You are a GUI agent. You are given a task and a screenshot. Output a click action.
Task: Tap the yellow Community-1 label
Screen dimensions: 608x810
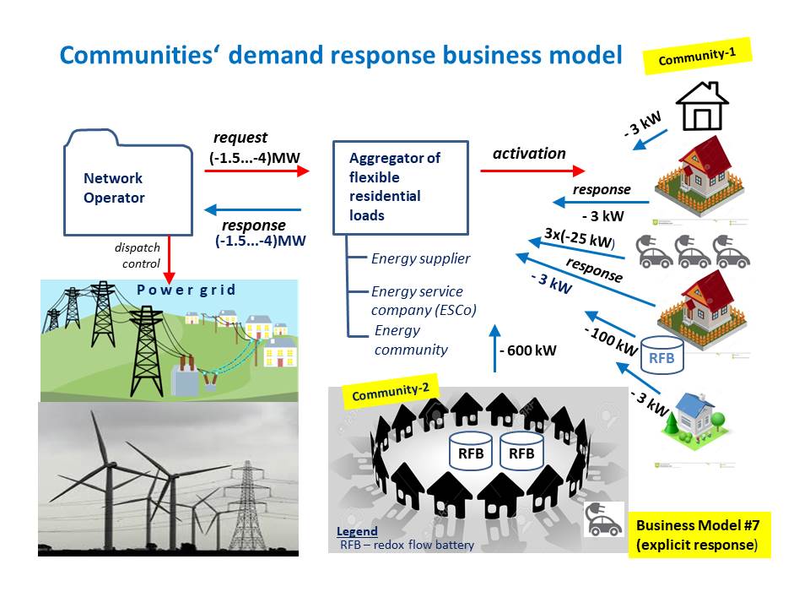click(697, 58)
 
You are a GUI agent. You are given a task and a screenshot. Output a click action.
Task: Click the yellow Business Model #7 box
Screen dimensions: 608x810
click(697, 535)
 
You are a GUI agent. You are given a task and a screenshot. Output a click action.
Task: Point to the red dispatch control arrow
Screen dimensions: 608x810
click(170, 260)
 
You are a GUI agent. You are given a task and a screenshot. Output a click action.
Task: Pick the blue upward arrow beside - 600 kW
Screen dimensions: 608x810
click(494, 347)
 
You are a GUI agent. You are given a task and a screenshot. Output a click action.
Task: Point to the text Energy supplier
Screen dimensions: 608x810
click(421, 258)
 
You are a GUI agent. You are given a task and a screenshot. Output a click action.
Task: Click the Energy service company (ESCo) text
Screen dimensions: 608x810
click(424, 301)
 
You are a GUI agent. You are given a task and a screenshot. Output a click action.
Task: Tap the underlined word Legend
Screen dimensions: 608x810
click(357, 532)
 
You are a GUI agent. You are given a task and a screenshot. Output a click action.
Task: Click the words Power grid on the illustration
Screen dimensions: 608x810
click(186, 290)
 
